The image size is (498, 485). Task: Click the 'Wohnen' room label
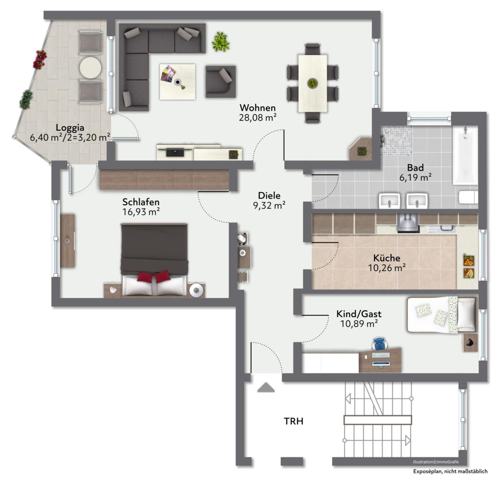tap(257, 108)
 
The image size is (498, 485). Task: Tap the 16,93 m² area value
tap(141, 212)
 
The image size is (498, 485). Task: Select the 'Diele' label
tap(269, 196)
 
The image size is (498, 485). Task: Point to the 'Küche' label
tap(386, 258)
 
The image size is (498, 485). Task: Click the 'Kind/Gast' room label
tap(359, 314)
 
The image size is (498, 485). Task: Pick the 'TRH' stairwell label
tap(293, 421)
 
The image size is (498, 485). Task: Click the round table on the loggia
tap(90, 68)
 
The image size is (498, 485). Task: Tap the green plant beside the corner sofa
tap(220, 42)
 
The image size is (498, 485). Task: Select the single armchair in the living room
tap(220, 82)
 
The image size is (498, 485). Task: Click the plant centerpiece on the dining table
tap(312, 83)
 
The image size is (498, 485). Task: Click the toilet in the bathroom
tap(468, 197)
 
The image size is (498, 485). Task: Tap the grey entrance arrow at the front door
tap(266, 387)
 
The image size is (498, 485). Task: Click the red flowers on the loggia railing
tap(40, 60)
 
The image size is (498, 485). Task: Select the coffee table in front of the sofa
tap(177, 82)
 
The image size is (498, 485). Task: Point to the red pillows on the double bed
tap(154, 277)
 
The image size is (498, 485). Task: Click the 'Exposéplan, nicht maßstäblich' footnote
tap(450, 471)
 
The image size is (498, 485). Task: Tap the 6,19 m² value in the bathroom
tap(415, 177)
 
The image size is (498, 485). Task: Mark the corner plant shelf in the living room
tap(361, 149)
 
